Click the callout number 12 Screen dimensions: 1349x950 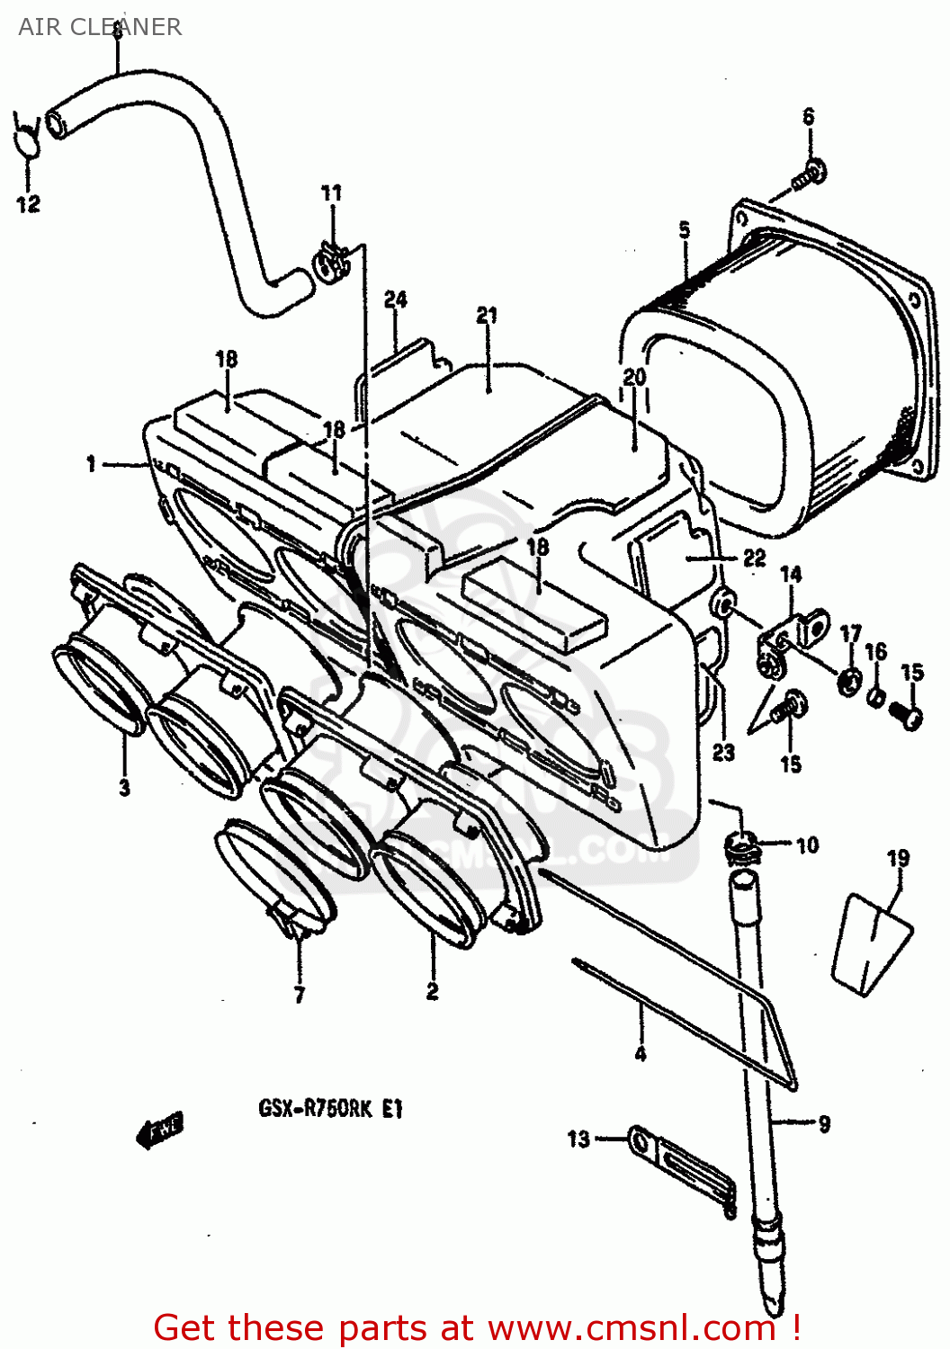tap(28, 204)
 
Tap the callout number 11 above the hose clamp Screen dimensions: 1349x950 tap(332, 192)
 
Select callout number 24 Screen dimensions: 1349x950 tap(396, 300)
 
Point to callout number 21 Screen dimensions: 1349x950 tap(487, 316)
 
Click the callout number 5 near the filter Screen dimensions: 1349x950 tap(685, 230)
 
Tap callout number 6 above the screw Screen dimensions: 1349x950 tap(809, 117)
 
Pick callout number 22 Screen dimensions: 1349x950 tap(755, 558)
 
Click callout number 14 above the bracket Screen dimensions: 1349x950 tap(791, 574)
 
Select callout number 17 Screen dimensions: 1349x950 tap(850, 635)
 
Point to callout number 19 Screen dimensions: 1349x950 tap(898, 859)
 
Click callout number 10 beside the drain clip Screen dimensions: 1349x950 tap(808, 845)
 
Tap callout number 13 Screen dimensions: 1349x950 tap(578, 1139)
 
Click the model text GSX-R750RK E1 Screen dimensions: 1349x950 tap(331, 1109)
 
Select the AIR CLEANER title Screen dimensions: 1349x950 tap(100, 27)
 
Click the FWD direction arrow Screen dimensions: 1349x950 tap(159, 1130)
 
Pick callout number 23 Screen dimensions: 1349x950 tap(724, 752)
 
